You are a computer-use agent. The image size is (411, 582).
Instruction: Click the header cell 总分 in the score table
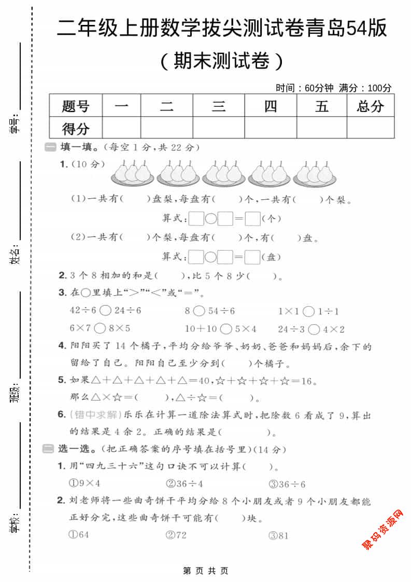[x=371, y=106]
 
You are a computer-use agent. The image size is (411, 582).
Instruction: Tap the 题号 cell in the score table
[x=76, y=106]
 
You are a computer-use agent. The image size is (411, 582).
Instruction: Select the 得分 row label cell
[x=76, y=128]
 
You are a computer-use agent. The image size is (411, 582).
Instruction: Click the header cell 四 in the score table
[x=271, y=106]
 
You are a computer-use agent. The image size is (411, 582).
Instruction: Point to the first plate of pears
[x=132, y=173]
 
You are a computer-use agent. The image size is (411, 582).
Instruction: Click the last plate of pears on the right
[x=315, y=173]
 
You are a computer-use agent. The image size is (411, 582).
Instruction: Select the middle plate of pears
[x=223, y=173]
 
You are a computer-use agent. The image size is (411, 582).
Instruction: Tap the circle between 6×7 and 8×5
[x=101, y=328]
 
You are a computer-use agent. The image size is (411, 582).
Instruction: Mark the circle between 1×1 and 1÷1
[x=308, y=311]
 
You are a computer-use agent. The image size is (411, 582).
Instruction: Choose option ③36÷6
[x=287, y=484]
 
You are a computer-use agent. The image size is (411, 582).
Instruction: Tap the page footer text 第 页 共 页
[x=206, y=571]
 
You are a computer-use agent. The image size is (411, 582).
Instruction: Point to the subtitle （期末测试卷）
[x=221, y=61]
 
